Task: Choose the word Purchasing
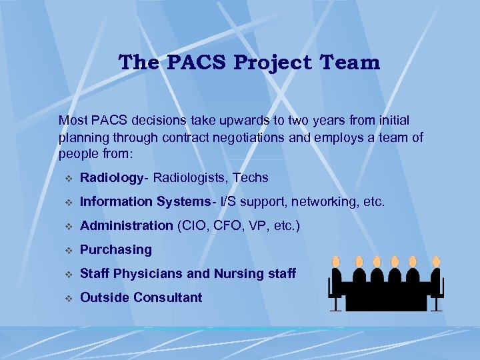point(116,250)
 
